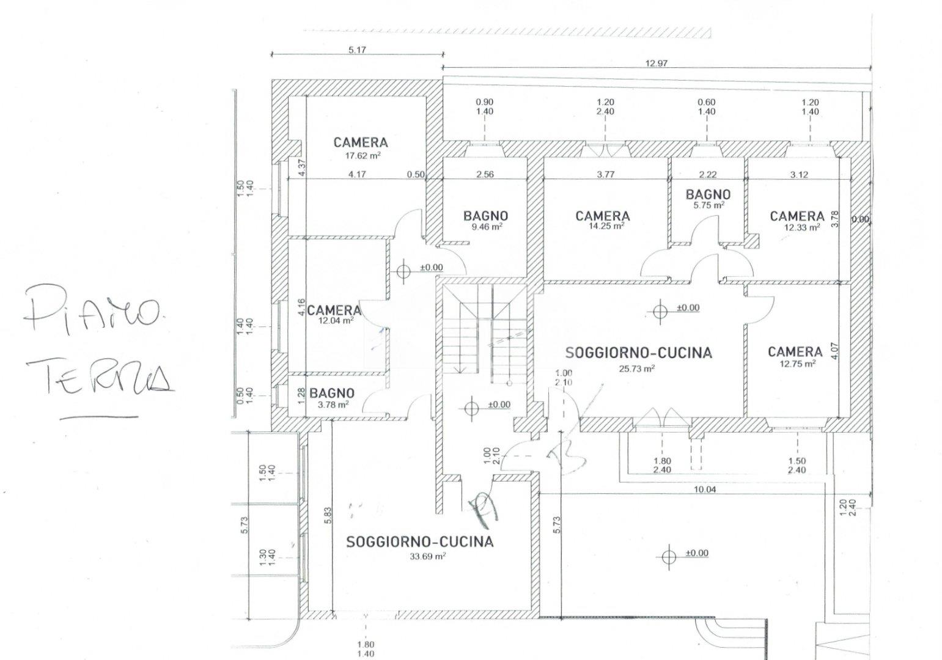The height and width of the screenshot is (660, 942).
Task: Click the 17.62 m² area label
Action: (363, 156)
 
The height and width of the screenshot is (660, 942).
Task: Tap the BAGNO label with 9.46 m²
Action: (485, 216)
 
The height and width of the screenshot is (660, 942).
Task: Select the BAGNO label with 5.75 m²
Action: (708, 195)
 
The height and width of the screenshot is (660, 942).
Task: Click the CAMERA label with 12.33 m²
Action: (797, 216)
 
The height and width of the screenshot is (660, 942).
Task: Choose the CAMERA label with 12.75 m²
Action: (795, 351)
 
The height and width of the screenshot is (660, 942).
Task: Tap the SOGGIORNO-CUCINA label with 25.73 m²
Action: (638, 353)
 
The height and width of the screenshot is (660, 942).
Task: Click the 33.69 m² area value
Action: (428, 556)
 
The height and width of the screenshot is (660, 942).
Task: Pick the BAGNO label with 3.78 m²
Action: (331, 393)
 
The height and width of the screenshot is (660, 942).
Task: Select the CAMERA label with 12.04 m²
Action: (334, 310)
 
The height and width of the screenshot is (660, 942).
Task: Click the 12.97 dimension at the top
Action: (656, 63)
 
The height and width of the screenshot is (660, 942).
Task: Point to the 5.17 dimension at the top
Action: (357, 50)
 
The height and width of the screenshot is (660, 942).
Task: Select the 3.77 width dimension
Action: (605, 174)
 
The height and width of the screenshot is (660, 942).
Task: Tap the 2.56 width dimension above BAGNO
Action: (484, 174)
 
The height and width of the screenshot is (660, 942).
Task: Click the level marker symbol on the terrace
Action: (669, 555)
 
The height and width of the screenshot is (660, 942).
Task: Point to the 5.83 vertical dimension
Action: (328, 516)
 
